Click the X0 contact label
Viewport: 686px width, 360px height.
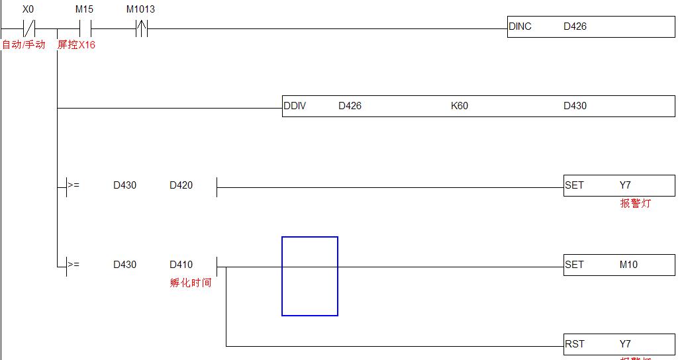(x=28, y=10)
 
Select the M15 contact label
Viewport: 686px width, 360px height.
(x=84, y=10)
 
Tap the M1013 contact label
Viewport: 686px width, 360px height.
(x=140, y=10)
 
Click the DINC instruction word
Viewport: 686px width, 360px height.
(x=520, y=26)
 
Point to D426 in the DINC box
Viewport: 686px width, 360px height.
(x=575, y=26)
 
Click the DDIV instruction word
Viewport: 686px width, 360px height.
(x=295, y=106)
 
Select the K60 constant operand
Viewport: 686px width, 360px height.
(x=459, y=106)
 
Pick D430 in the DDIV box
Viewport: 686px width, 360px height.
(x=575, y=106)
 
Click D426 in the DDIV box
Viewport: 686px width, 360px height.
(x=350, y=106)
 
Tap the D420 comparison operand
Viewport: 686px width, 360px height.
(x=181, y=185)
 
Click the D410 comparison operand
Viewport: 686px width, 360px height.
(x=181, y=265)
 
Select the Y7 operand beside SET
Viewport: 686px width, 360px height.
(x=625, y=185)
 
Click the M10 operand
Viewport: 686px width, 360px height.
(x=628, y=265)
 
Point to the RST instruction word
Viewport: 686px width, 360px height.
(x=574, y=344)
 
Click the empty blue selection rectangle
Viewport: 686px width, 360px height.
(x=310, y=276)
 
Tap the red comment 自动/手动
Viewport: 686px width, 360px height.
(x=24, y=45)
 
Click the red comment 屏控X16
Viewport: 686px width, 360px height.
(x=76, y=45)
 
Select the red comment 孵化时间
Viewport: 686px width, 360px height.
(x=191, y=283)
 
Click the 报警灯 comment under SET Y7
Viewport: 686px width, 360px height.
(x=635, y=204)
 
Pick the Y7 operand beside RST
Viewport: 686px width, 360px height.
(x=625, y=344)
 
